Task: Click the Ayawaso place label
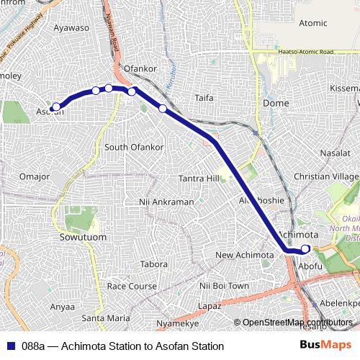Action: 71,28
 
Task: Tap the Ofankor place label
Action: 140,68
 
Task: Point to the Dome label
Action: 276,103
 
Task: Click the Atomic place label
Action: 313,23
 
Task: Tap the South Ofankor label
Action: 134,147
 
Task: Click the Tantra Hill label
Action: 199,178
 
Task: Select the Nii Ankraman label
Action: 167,202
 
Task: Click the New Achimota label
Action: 245,255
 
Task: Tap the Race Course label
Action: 132,286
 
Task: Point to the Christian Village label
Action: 325,176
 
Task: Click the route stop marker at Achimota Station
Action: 305,249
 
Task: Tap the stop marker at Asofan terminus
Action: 56,107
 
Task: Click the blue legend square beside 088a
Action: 11,346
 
